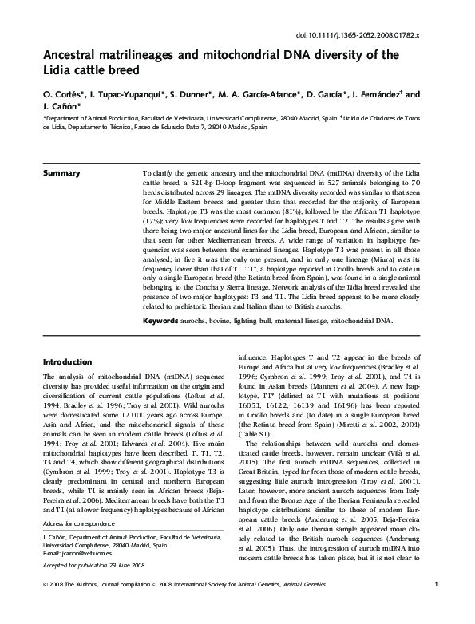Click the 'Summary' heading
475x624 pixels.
coord(61,173)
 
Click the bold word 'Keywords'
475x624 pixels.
coord(161,322)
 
